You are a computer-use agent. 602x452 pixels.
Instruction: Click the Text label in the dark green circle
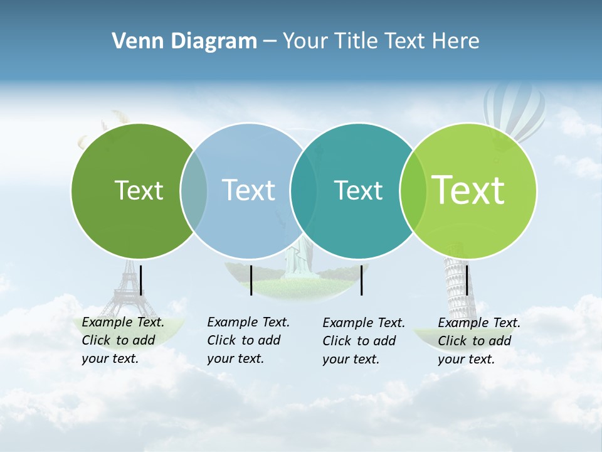coord(139,190)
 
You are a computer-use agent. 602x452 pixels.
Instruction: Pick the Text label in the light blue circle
coord(248,190)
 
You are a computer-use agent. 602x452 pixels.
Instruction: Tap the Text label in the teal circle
coord(358,190)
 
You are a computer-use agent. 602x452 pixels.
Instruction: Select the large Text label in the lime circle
coord(468,190)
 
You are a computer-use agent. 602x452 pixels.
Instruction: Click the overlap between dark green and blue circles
coord(194,191)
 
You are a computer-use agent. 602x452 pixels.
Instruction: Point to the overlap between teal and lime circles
coord(413,191)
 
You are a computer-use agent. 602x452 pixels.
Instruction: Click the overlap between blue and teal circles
coord(304,191)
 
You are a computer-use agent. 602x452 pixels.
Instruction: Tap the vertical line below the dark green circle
coord(141,280)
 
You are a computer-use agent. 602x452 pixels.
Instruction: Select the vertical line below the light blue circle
coord(251,280)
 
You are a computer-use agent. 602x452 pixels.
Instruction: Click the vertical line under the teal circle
coord(362,280)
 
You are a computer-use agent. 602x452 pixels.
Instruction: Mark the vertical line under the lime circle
coord(467,280)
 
